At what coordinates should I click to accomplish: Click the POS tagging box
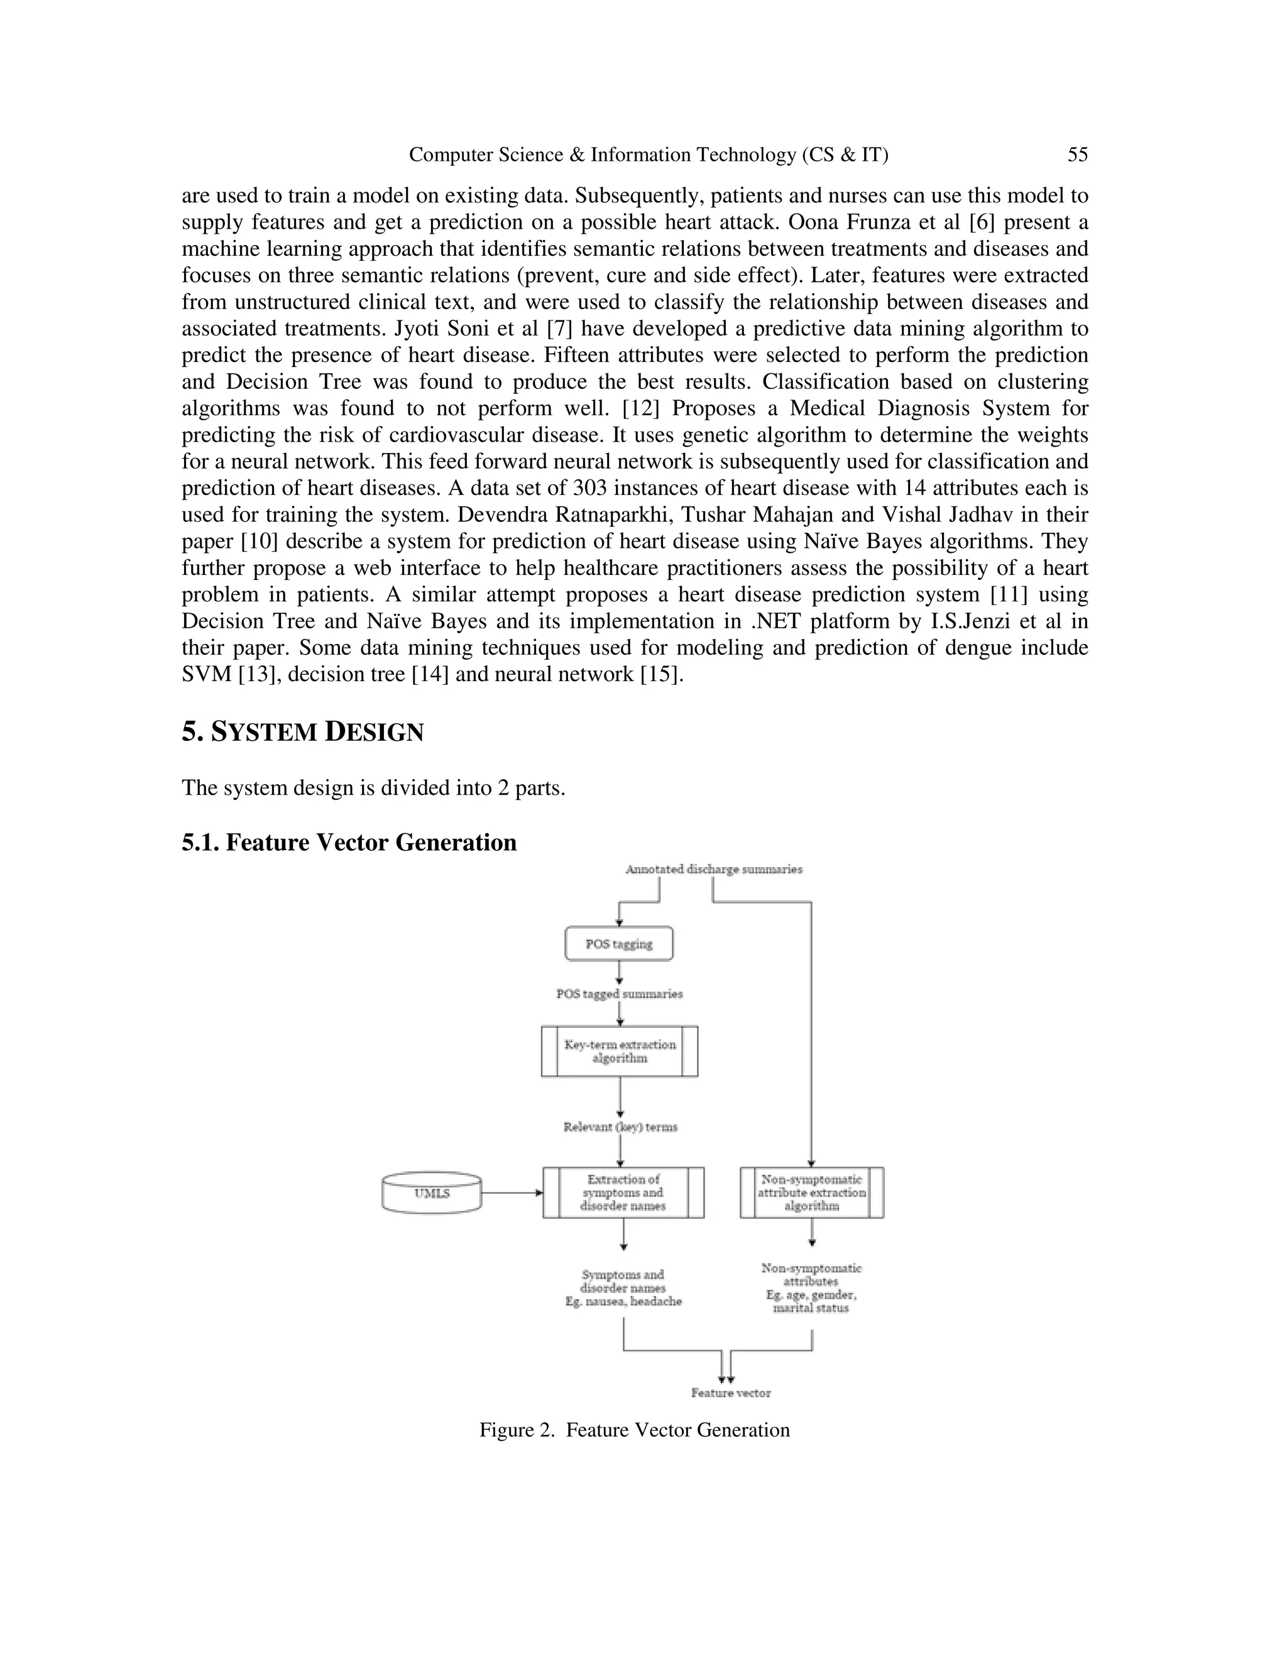click(618, 944)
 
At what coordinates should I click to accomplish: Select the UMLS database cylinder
click(432, 1193)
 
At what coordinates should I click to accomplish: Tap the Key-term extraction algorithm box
click(619, 1051)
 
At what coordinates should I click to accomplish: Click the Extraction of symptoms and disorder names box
click(623, 1193)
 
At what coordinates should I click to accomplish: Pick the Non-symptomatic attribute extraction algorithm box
click(811, 1193)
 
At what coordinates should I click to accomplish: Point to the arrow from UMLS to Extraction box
click(512, 1193)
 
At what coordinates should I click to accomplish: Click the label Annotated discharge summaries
click(714, 869)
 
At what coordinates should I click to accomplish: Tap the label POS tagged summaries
click(619, 994)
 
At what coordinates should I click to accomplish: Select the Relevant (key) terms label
click(620, 1127)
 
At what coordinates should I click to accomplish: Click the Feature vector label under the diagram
click(730, 1393)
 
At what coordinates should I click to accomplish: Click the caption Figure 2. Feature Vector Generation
click(634, 1430)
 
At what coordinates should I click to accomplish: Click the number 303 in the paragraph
click(589, 488)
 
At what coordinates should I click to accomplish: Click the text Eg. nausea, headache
click(623, 1302)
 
